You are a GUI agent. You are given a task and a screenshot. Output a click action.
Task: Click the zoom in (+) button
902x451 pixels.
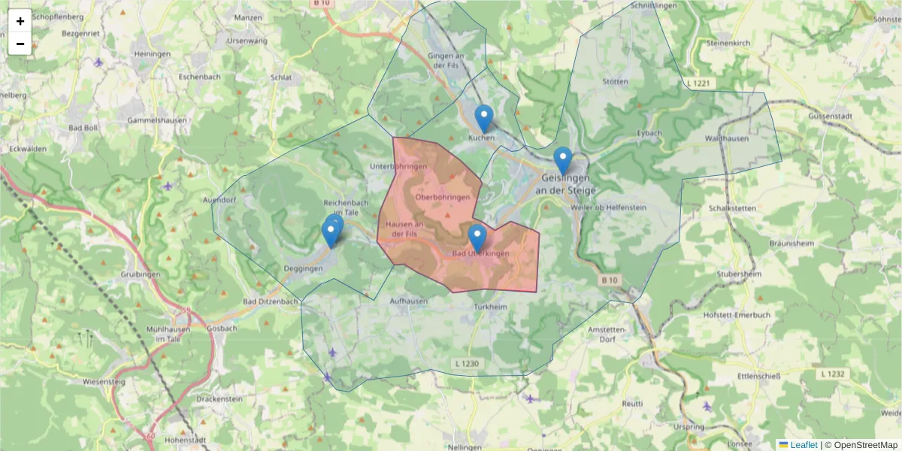(x=20, y=21)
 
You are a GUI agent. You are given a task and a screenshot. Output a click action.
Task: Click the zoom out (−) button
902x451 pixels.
(x=20, y=44)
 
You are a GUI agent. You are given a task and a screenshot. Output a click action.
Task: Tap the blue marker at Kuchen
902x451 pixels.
(x=485, y=119)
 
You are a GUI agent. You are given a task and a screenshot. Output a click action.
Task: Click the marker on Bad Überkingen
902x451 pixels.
(x=477, y=238)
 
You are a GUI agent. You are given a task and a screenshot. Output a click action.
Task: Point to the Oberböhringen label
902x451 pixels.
(x=442, y=197)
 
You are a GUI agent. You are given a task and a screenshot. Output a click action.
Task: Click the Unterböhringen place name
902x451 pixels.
(x=398, y=166)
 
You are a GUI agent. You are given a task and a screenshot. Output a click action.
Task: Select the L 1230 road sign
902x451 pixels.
(x=467, y=364)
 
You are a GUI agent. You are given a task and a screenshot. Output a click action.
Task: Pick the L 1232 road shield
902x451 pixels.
(x=832, y=374)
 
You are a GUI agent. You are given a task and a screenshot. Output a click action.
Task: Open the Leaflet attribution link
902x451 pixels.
(x=804, y=445)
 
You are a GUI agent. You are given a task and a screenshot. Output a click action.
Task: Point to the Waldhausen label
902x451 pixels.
(x=727, y=139)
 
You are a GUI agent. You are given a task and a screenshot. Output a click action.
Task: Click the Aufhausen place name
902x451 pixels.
(x=409, y=301)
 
